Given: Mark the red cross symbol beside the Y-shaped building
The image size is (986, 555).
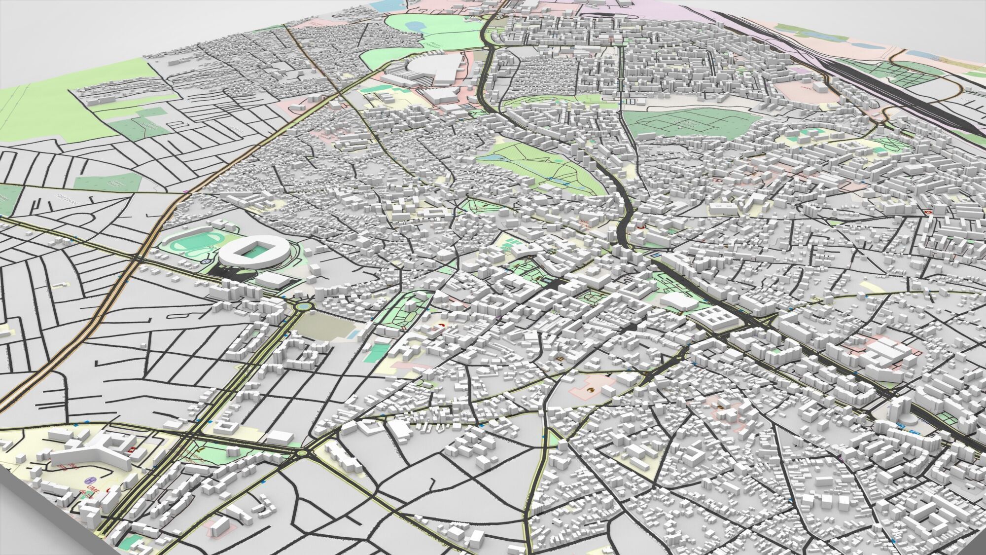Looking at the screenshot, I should click(x=131, y=450).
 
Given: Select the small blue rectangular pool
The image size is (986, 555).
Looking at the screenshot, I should click(x=353, y=333).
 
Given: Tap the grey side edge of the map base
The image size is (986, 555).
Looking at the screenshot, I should click(x=39, y=523).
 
